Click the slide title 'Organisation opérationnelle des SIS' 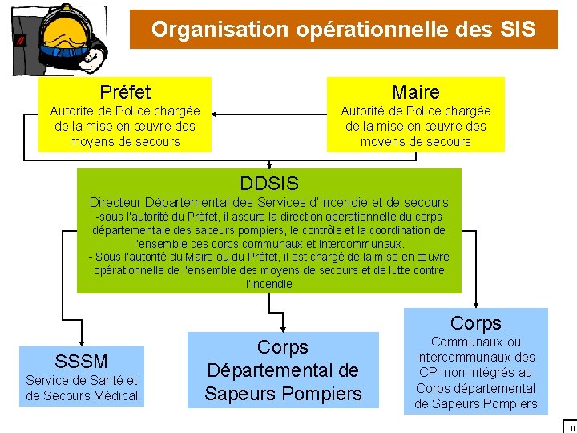pos(343,30)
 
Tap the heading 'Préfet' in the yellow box pos(125,92)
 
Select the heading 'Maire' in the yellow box pos(415,92)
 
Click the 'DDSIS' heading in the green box pos(269,184)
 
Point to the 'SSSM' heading pos(81,361)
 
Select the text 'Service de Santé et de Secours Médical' pos(82,388)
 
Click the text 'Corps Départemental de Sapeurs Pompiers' pos(283,370)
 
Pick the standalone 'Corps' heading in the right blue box pos(476,323)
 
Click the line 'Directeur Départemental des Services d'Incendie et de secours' pos(269,202)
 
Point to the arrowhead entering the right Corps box pos(476,304)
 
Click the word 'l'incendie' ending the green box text pos(269,284)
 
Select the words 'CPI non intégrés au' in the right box pos(476,372)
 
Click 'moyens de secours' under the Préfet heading pos(125,142)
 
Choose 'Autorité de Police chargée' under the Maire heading pos(416,111)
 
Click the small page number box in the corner pos(569,426)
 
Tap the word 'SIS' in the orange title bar pos(515,30)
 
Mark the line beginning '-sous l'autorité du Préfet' pos(269,216)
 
